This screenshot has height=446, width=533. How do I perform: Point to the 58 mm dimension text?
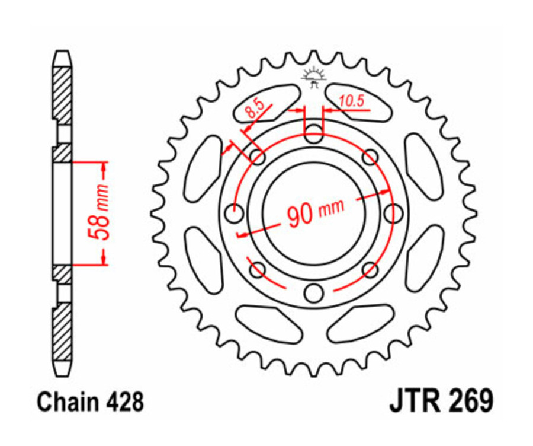click(101, 212)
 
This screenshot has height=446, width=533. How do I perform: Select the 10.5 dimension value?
click(352, 101)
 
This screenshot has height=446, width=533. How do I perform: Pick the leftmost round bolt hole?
click(235, 212)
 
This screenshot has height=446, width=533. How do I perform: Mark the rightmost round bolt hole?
click(392, 212)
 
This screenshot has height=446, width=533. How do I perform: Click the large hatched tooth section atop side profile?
click(62, 92)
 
